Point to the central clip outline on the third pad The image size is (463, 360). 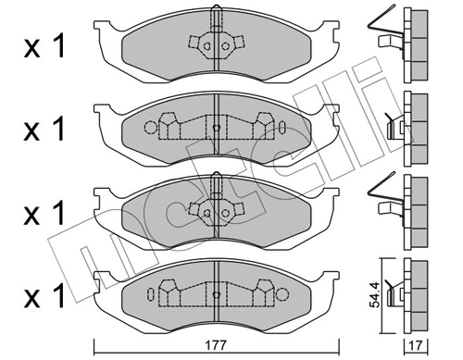(x=215, y=205)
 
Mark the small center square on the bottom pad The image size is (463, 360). (x=215, y=291)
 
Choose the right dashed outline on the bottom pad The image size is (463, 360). (x=265, y=289)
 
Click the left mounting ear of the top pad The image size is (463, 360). (x=106, y=28)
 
